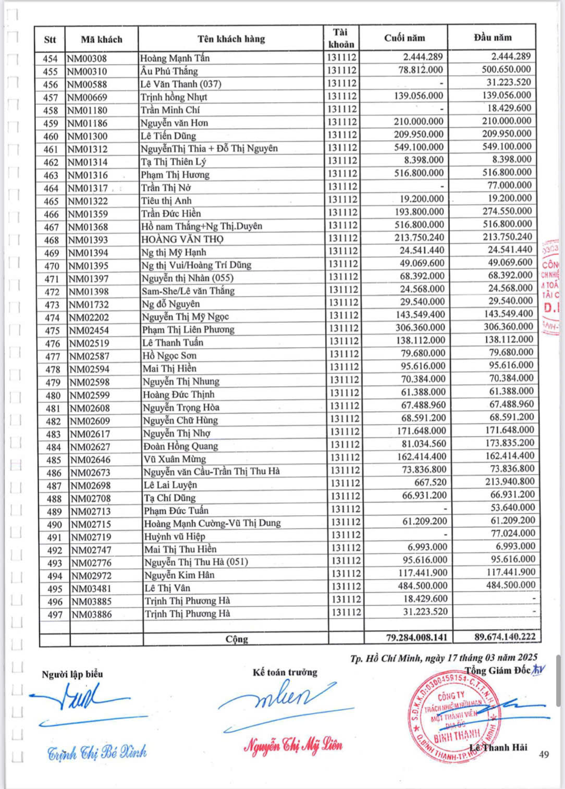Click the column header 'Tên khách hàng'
231,39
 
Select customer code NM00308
87,58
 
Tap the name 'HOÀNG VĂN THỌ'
182,239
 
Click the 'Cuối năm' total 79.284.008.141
409,637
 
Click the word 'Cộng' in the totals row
237,639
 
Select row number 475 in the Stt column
52,330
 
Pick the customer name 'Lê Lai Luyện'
170,485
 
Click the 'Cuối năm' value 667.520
430,482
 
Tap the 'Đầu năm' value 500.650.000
506,69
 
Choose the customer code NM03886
92,614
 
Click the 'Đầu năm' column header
493,38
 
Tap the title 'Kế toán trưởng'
285,672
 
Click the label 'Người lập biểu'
72,674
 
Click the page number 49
544,754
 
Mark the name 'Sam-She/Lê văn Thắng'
188,291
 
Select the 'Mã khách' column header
102,39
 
